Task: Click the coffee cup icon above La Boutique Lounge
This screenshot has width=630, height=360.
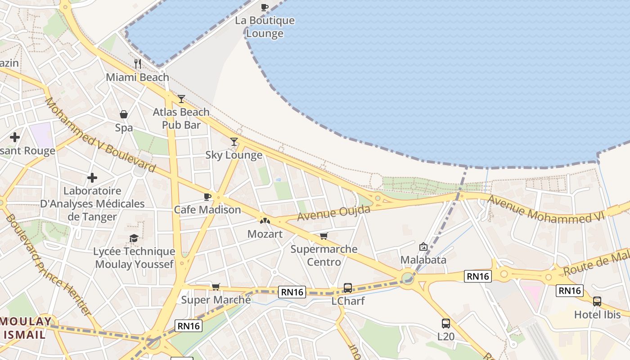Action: tap(265, 7)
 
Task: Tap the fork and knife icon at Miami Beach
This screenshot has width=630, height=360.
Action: tap(138, 64)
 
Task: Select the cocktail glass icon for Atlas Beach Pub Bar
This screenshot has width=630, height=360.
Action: tap(181, 99)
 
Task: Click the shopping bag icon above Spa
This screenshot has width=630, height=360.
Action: tap(124, 114)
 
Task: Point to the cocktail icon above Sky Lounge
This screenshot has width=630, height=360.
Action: tap(234, 142)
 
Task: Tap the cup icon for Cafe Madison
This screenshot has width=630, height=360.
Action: tap(207, 197)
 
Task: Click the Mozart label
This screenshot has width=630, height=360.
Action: tap(265, 234)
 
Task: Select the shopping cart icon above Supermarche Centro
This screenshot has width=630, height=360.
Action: tap(324, 236)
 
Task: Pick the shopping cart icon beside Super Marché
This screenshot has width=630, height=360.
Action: tap(216, 287)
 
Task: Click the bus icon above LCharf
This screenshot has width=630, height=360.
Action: tap(348, 288)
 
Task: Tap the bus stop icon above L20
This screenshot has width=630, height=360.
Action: tap(446, 323)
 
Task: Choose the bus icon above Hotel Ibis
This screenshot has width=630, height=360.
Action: tap(597, 301)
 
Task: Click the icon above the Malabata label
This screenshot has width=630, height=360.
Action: tap(423, 247)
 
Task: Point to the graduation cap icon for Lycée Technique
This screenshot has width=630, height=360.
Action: tap(134, 238)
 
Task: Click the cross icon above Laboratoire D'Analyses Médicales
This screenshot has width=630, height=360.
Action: tap(92, 178)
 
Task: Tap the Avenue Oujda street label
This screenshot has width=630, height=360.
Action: tap(333, 213)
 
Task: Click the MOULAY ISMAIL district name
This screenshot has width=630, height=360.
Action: tap(26, 328)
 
